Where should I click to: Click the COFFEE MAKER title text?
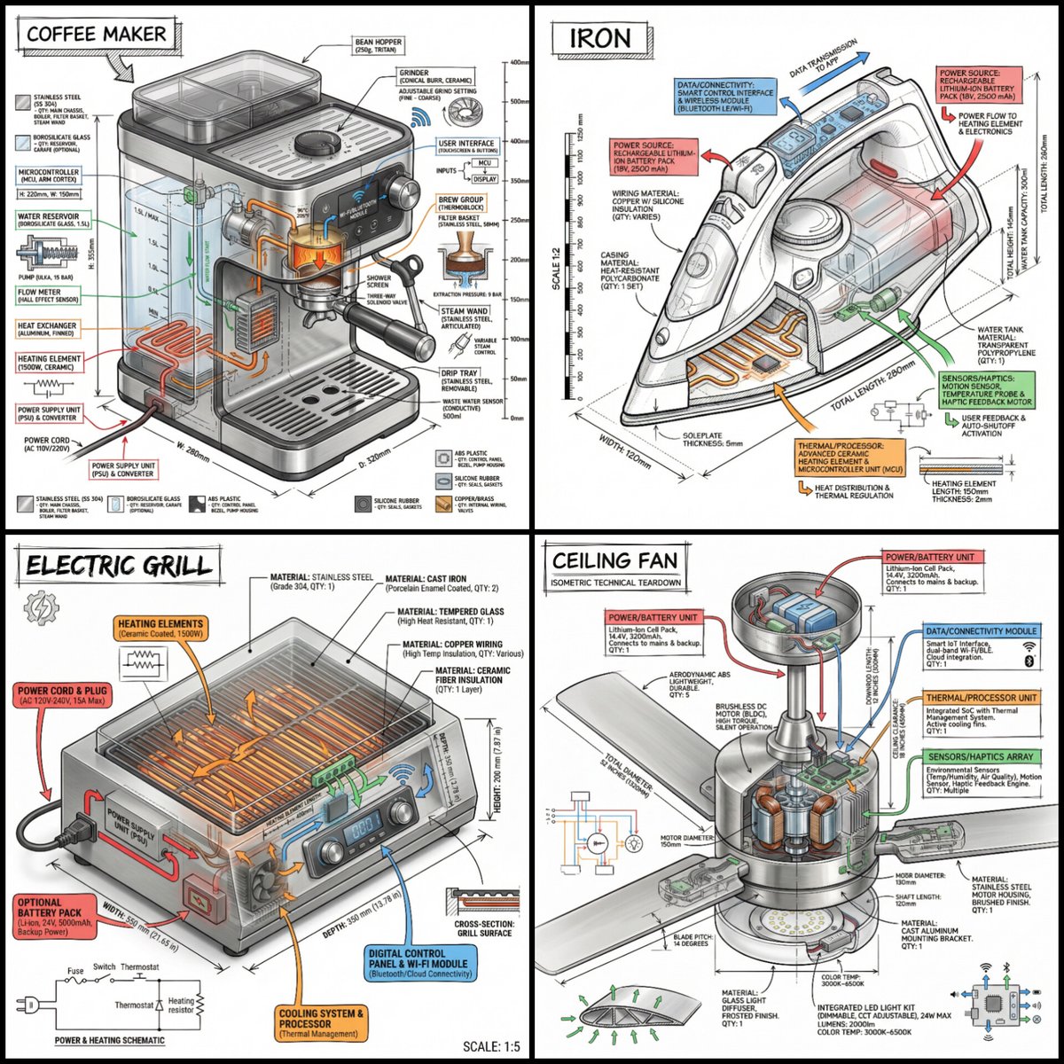click(x=96, y=35)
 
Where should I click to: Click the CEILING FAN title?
click(x=614, y=560)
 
